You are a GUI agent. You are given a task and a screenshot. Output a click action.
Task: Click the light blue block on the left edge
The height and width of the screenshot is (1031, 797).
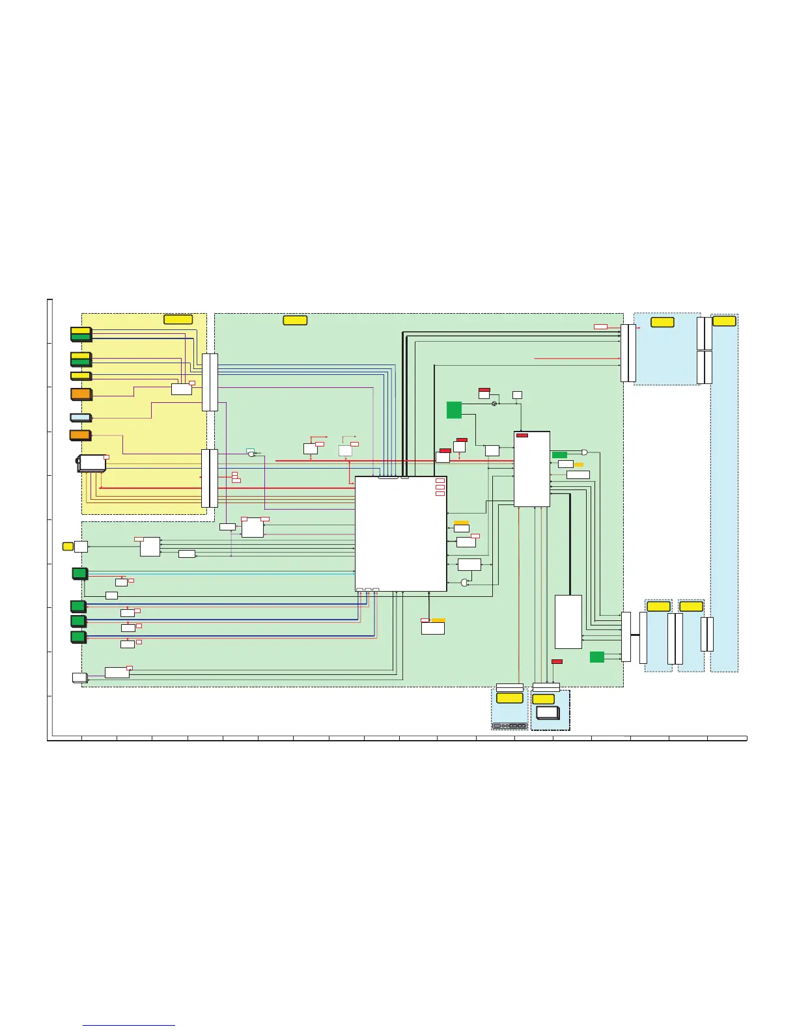coord(80,417)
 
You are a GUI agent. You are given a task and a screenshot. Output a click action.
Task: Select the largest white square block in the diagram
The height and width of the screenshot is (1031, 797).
coord(400,534)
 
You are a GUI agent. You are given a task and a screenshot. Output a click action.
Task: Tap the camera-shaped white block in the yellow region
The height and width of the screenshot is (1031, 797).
coord(91,463)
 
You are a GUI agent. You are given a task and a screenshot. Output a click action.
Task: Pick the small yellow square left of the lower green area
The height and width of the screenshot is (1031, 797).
coord(68,546)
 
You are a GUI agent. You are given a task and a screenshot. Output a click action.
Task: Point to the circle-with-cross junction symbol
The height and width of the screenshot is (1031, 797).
coord(494,404)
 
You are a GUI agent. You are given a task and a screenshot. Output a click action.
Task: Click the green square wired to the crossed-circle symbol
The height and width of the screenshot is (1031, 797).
coord(454,410)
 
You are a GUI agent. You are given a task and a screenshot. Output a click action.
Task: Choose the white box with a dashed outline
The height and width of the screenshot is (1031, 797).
coord(345,450)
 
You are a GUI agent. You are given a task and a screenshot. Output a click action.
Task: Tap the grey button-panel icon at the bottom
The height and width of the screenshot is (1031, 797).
coord(510,726)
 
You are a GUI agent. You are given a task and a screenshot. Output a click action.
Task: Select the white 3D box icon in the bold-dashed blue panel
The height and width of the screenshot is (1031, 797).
coord(548,712)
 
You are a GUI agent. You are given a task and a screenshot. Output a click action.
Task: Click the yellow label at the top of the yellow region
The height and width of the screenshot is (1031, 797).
coord(178,319)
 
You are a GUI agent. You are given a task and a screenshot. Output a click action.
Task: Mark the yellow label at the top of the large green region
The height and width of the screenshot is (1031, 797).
coord(295,320)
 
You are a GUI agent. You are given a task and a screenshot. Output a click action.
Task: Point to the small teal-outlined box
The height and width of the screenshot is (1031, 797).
coord(250,450)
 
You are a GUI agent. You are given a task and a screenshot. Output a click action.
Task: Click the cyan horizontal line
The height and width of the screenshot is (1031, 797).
coord(221,574)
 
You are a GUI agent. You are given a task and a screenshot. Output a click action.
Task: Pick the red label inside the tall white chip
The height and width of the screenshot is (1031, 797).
coord(522,435)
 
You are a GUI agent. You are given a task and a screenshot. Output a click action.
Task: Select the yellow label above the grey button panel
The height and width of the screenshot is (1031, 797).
coord(509,698)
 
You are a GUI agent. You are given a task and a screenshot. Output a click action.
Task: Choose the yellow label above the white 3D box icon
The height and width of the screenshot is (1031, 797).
coord(544,699)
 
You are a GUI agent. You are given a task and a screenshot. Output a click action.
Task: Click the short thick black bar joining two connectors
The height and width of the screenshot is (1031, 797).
coord(635,635)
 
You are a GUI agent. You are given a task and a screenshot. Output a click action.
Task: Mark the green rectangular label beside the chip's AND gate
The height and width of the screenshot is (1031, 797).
coord(559,454)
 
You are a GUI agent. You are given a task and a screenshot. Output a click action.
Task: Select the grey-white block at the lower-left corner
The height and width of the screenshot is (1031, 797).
coord(79,678)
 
